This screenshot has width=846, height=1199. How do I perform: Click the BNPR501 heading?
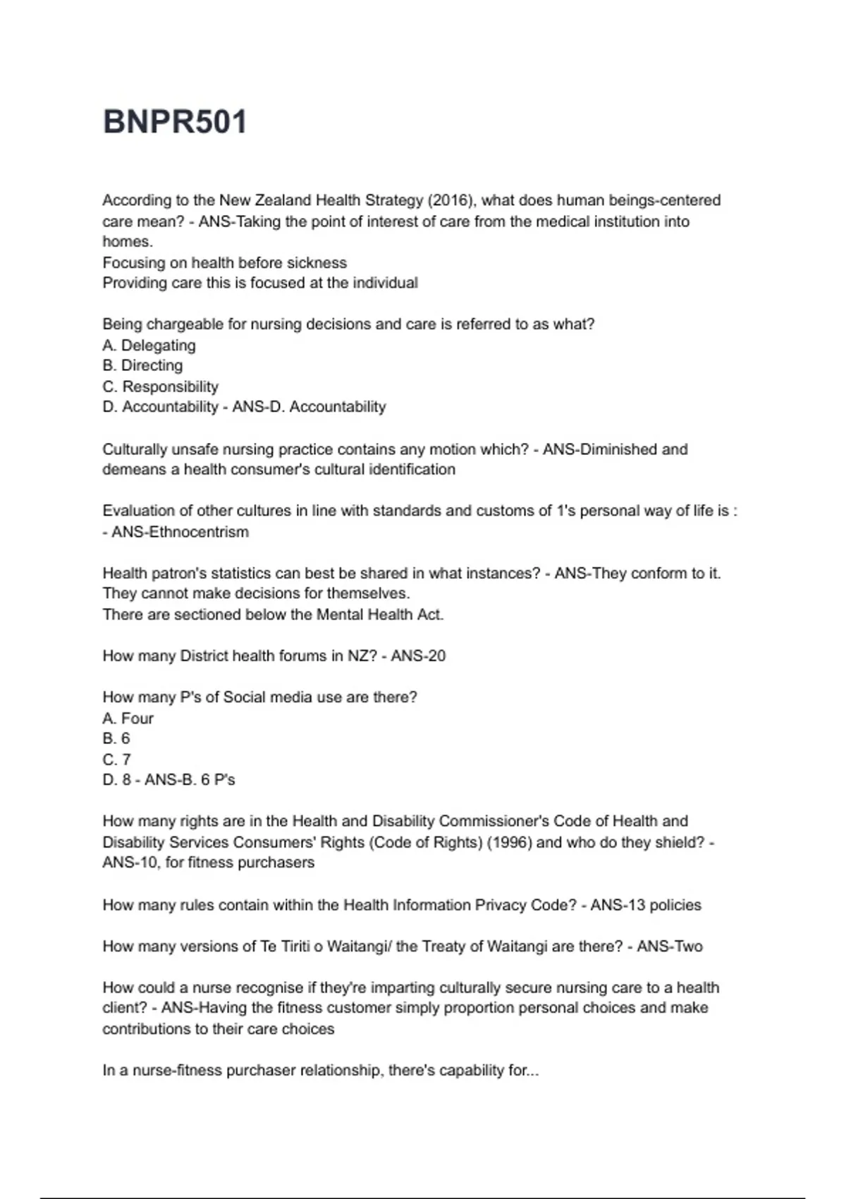pos(175,121)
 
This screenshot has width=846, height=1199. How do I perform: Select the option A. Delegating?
pos(149,346)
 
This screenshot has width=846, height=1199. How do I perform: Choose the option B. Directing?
pos(142,365)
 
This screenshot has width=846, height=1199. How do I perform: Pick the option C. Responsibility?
pos(160,387)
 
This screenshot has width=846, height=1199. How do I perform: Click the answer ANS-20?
pos(418,656)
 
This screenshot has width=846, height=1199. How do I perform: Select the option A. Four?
pos(128,718)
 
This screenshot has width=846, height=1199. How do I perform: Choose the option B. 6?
pos(116,738)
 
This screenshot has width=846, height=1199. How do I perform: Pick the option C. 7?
pos(116,760)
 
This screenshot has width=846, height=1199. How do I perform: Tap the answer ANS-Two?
pos(670,947)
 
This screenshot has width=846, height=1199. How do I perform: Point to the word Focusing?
pos(132,263)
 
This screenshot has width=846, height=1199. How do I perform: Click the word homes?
pos(127,242)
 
